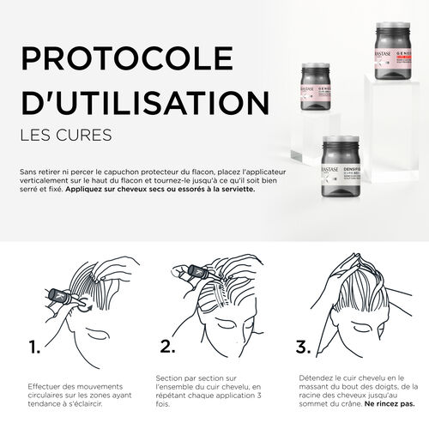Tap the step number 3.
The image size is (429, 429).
[305, 347]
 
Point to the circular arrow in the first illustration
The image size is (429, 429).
[85, 302]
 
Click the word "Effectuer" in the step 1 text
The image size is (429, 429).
[43, 385]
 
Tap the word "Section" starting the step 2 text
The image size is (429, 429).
[170, 377]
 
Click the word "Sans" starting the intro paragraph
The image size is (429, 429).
[27, 172]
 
